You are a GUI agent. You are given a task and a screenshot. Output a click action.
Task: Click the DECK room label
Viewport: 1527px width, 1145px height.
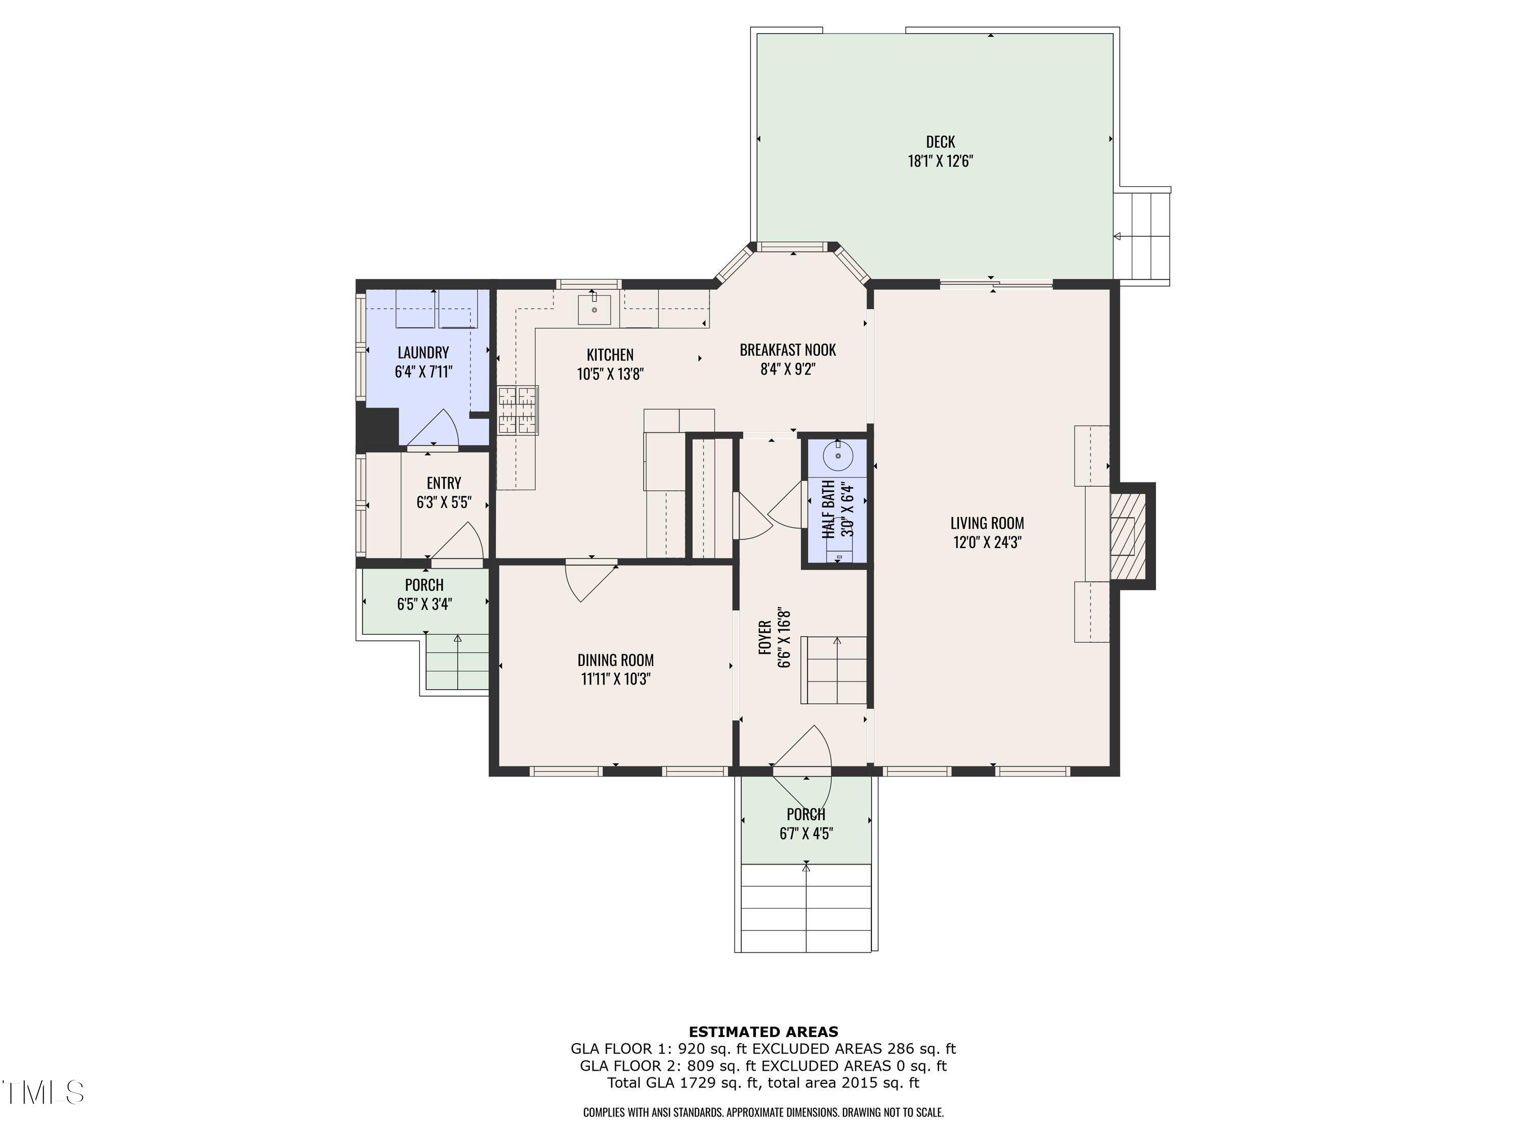point(940,142)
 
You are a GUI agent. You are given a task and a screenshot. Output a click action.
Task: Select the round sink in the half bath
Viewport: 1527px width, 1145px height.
point(838,455)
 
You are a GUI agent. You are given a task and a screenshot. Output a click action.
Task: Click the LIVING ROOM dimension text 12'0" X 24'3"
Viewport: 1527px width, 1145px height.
point(987,542)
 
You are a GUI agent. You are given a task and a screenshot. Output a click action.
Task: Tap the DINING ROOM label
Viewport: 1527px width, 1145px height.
point(616,661)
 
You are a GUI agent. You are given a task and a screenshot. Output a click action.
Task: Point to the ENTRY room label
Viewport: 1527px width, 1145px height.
point(444,483)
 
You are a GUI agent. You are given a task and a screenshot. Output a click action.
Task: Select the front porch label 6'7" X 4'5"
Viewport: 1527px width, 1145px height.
point(806,834)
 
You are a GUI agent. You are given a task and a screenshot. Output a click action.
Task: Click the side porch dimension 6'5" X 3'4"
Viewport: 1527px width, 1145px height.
point(425,605)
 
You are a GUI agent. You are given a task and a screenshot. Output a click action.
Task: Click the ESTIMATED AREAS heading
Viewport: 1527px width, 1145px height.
point(763,1033)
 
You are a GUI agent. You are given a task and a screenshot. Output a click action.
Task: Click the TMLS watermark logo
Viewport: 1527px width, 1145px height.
point(43,1093)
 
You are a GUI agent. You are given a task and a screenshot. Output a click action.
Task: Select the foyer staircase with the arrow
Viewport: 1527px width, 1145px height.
point(833,670)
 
